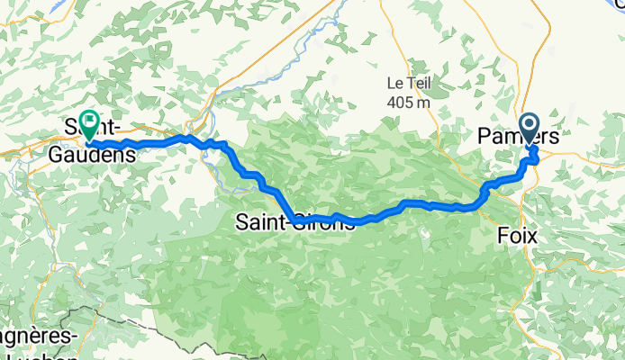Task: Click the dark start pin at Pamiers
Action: click(528, 127)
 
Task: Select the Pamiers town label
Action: click(518, 138)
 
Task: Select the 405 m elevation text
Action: click(409, 102)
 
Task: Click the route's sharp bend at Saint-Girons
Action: click(296, 219)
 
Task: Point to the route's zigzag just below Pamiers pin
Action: click(533, 157)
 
